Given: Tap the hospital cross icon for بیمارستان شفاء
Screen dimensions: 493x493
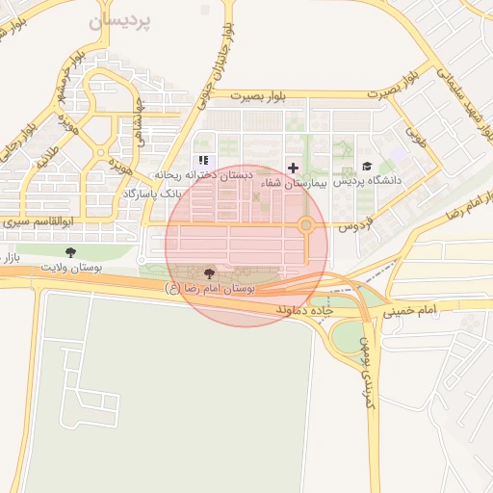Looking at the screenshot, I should [x=293, y=167].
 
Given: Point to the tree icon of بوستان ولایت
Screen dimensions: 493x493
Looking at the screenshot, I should [x=69, y=252].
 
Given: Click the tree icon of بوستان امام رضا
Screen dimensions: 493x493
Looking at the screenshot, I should [x=211, y=274].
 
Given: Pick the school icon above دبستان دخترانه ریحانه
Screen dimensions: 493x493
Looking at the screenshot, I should [x=203, y=161].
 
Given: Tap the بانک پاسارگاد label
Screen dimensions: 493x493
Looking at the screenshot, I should [x=152, y=195].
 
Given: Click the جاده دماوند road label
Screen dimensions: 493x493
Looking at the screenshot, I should [x=304, y=310].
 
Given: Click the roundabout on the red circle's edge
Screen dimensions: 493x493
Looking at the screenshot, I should [x=306, y=226].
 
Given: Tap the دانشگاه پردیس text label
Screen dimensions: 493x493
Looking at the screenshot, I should [x=369, y=181].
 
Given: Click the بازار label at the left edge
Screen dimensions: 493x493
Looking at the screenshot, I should [x=9, y=259].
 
